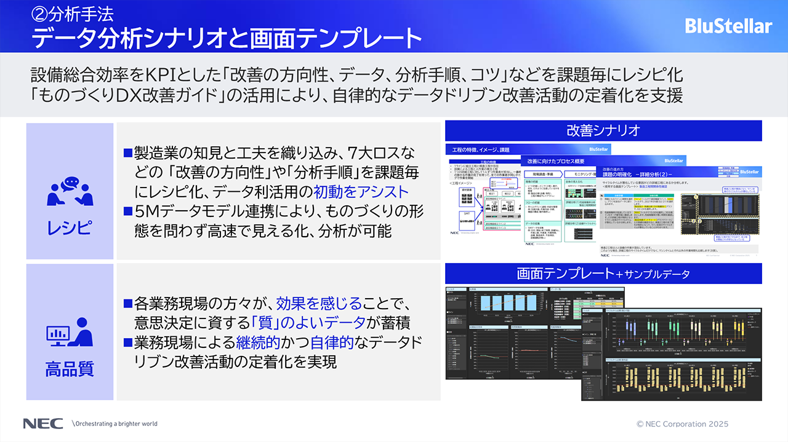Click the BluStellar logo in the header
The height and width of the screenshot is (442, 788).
coord(728,26)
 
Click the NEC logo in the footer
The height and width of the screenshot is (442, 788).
coord(42,424)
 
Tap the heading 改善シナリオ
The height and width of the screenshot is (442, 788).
coord(603,130)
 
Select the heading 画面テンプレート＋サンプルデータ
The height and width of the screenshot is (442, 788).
coord(603,274)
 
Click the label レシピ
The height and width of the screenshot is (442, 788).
coord(70,228)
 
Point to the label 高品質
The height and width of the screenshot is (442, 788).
coord(70,369)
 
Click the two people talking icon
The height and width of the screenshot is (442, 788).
coord(70,191)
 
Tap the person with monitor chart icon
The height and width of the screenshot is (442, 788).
coord(70,333)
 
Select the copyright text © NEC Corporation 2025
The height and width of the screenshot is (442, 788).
coord(682,424)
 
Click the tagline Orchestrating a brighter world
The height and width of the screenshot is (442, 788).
coord(116,424)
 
